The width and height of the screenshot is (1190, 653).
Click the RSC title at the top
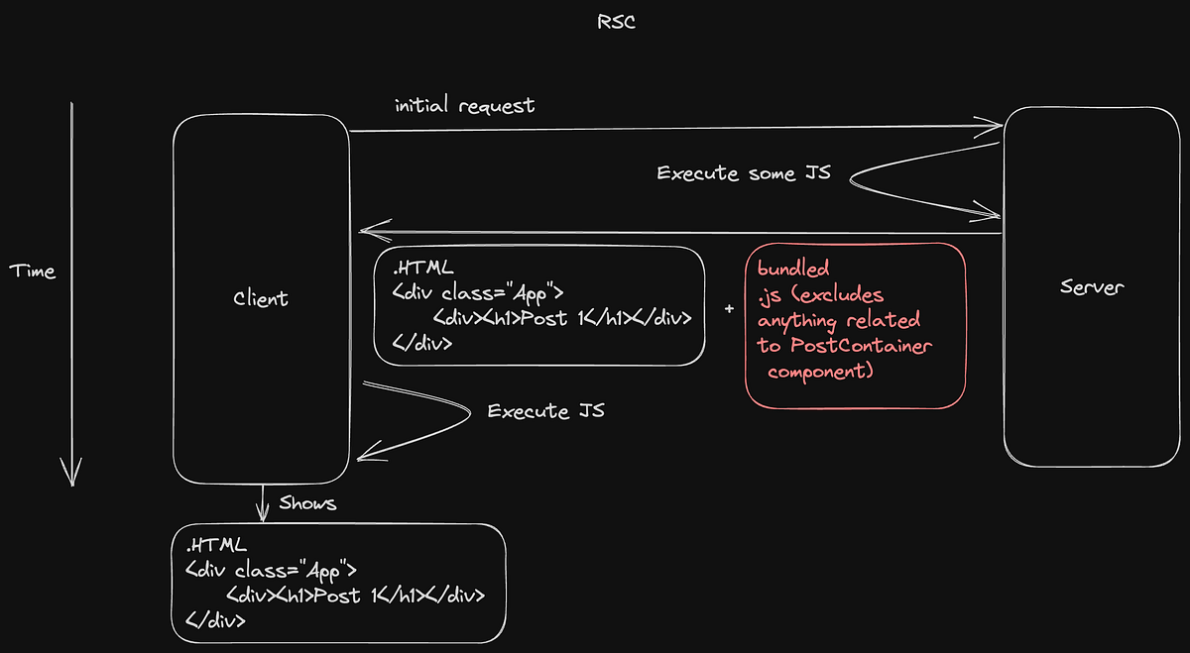pos(616,22)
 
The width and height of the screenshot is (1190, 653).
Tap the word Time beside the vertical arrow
pos(33,271)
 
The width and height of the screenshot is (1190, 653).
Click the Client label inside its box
pos(261,298)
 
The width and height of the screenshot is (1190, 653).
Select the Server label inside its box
pos(1091,287)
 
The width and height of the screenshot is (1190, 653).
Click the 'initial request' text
pos(464,105)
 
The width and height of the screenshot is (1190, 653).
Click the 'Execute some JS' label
pos(743,173)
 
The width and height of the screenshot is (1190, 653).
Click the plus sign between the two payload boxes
pos(729,309)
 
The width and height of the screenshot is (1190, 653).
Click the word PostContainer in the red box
pos(861,346)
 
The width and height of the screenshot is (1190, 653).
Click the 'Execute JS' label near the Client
pos(545,410)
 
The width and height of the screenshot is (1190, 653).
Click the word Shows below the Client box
pos(307,503)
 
